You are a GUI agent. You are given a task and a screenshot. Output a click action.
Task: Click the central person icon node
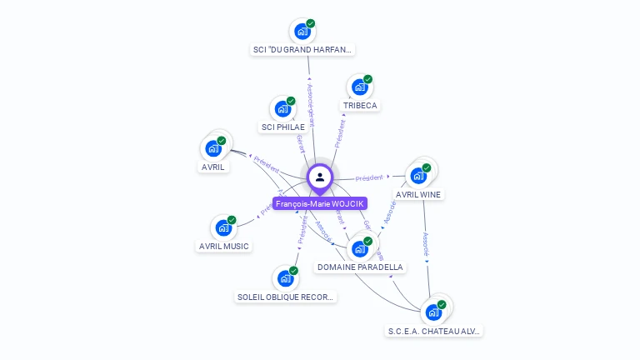(319, 177)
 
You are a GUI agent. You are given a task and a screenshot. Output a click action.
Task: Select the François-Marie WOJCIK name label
(319, 203)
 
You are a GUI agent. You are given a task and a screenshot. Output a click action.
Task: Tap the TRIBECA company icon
(359, 87)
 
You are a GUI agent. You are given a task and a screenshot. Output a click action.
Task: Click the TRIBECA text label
(360, 106)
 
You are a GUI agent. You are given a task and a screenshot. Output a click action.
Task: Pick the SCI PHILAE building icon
(282, 108)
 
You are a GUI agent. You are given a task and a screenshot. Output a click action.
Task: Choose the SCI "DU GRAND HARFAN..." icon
(302, 31)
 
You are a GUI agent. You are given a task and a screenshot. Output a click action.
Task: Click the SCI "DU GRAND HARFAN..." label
(303, 50)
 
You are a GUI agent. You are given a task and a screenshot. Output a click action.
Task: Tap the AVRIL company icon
(213, 148)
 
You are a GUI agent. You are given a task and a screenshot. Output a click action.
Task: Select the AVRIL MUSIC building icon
(223, 227)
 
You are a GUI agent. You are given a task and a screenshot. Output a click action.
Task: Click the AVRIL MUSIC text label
(224, 246)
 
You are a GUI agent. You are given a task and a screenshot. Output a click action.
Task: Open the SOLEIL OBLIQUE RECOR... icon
(285, 277)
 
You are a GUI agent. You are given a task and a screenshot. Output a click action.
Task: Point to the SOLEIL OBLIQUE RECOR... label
(285, 297)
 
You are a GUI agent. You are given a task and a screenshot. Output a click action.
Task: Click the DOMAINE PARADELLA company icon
(360, 248)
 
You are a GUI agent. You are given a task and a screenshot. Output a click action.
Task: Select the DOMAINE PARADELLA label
(360, 267)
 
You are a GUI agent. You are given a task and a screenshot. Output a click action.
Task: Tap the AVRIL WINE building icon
(418, 175)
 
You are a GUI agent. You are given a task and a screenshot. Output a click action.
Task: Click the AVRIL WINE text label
(419, 194)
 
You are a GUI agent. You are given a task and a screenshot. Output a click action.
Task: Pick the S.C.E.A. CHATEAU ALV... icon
(433, 312)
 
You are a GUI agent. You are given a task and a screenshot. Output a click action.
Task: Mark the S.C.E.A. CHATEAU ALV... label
(434, 331)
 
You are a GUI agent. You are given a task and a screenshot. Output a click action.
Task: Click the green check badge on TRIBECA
(367, 79)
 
